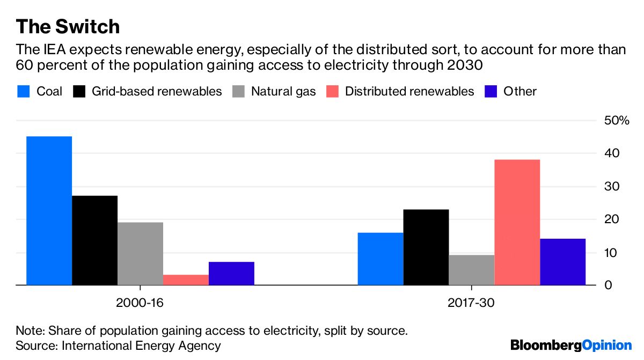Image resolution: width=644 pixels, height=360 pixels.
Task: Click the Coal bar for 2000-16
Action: [49, 211]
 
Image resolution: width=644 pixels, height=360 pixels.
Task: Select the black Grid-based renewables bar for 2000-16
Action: [94, 240]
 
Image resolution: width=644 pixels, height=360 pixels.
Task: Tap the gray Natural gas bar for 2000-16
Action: [140, 254]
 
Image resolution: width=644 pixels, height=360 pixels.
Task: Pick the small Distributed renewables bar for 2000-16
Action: [186, 280]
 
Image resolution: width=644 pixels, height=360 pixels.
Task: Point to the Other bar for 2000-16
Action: [231, 274]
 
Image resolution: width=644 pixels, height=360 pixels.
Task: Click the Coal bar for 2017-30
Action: [380, 259]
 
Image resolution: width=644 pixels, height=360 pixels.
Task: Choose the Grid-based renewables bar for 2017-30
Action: [426, 247]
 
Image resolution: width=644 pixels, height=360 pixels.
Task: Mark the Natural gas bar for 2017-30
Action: [471, 270]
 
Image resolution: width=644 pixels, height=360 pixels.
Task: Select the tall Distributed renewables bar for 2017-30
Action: [517, 223]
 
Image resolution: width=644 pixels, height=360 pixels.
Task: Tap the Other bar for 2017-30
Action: [562, 262]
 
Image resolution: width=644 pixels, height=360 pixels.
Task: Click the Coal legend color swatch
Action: [23, 91]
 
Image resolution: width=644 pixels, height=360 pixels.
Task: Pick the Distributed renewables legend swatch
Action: [332, 91]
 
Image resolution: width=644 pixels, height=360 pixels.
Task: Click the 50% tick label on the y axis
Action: [617, 121]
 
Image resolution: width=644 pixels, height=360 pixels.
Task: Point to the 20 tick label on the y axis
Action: [612, 219]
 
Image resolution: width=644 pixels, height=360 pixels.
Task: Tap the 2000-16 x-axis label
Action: [140, 303]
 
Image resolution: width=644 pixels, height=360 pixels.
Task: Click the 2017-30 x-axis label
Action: [471, 303]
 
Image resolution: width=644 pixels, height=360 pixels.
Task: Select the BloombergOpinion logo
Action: [571, 345]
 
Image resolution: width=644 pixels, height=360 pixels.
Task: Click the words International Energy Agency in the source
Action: [141, 346]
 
